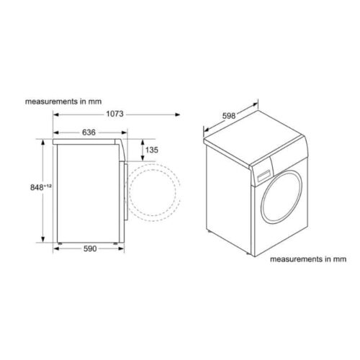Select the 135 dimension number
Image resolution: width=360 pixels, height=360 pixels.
[150, 150]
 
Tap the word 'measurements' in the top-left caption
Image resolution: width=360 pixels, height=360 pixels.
[49, 101]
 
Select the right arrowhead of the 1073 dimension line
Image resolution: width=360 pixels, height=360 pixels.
[178, 114]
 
